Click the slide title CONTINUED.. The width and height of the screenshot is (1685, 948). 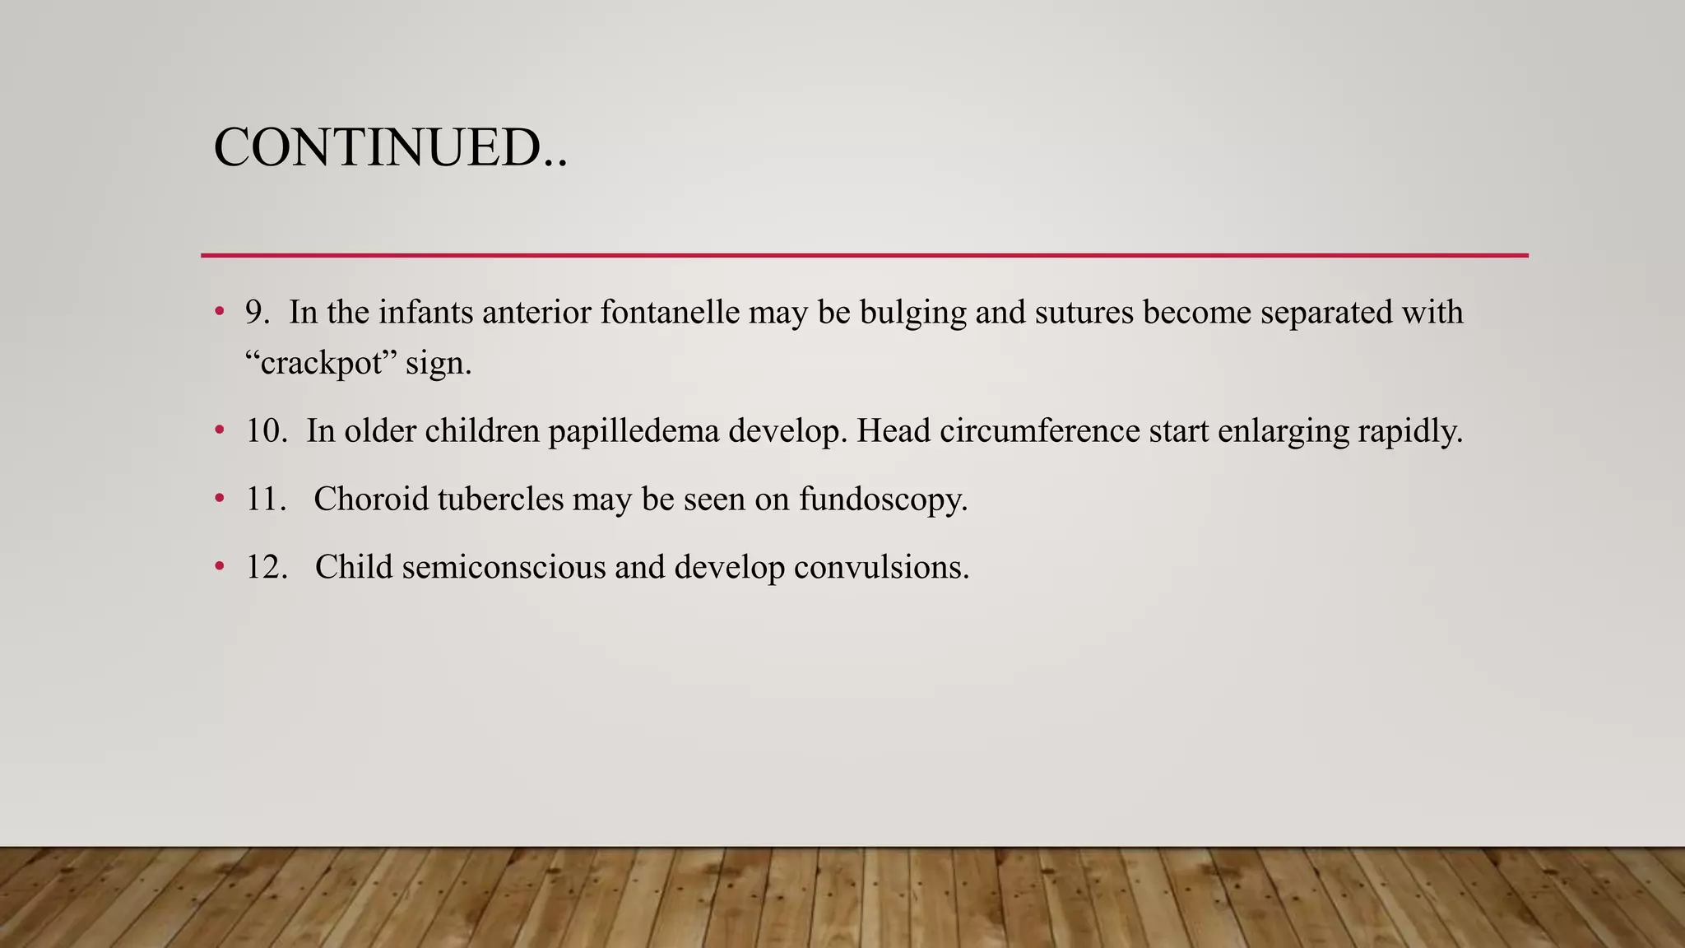coord(390,148)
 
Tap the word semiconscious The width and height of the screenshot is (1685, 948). coord(504,567)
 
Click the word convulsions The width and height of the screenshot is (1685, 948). coord(881,567)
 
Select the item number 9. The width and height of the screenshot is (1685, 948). coord(257,313)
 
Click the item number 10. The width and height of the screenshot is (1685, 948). coord(267,431)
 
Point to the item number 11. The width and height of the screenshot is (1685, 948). coord(266,499)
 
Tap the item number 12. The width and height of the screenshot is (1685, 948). coord(267,567)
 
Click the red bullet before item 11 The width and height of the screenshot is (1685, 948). coord(219,499)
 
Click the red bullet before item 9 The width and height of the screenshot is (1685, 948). coord(219,313)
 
